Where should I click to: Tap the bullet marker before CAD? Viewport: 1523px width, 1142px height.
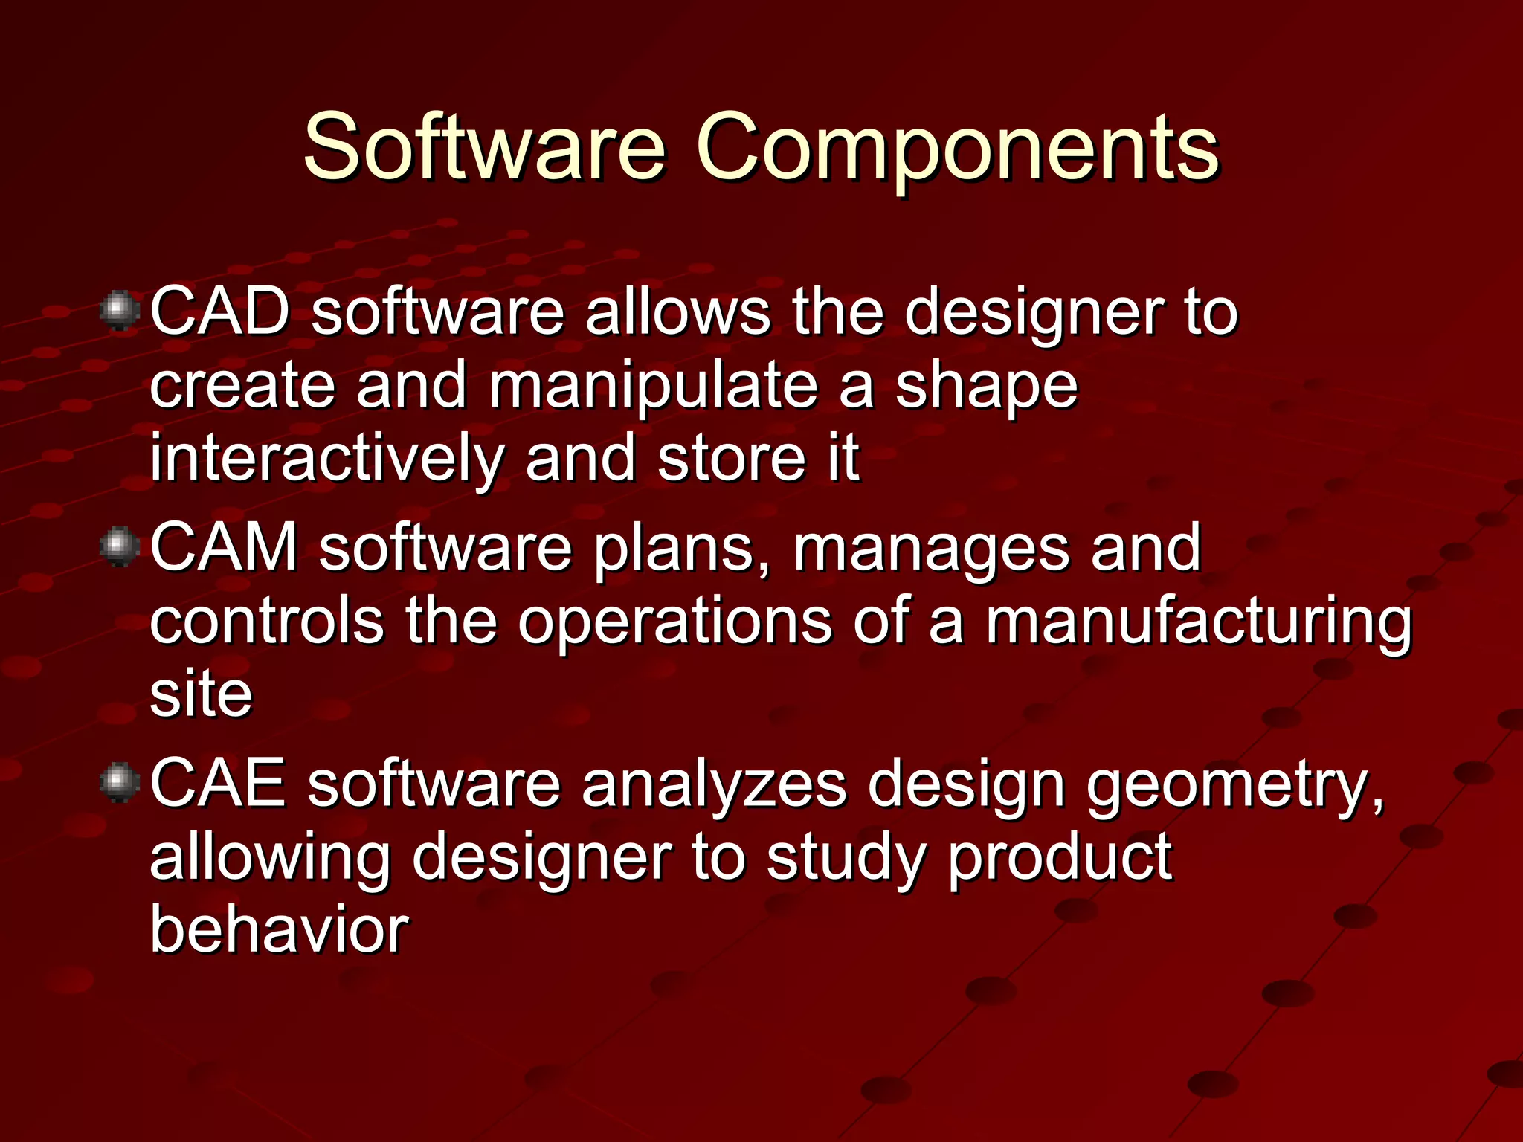coord(119,311)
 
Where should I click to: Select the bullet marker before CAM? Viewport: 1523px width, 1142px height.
coord(119,547)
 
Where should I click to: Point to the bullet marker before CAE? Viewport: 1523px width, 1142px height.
coord(119,783)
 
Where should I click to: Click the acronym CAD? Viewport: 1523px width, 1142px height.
coord(220,311)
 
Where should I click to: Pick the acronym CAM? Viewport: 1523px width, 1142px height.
coord(224,547)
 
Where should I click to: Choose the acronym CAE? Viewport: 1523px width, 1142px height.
coord(218,783)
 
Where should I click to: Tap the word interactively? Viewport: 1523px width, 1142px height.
coord(326,458)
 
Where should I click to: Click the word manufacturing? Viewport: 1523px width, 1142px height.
coord(1198,621)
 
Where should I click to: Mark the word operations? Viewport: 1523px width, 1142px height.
coord(674,621)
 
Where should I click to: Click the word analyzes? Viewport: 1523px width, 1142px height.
coord(714,784)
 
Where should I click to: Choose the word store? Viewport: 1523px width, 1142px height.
coord(731,458)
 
